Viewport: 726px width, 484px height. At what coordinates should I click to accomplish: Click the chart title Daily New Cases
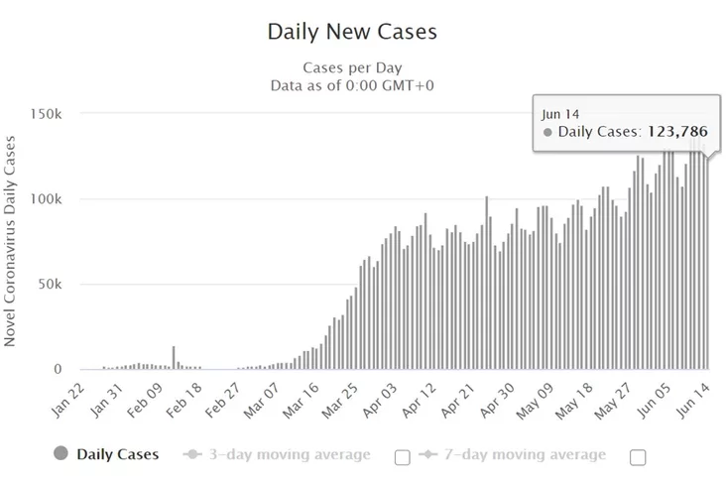pos(352,32)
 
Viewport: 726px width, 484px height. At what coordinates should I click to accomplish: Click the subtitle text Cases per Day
pos(352,67)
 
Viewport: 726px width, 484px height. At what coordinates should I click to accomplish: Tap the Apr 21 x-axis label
pos(465,397)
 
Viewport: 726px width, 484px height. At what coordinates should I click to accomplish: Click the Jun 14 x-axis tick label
pos(693,397)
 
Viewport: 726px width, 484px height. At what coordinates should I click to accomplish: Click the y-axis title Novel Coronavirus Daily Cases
pos(11,241)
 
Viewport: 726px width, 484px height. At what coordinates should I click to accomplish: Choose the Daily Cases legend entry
pos(117,455)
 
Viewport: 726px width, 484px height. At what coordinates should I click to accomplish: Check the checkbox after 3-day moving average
pos(402,456)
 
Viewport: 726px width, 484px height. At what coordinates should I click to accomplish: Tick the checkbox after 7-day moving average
pos(638,456)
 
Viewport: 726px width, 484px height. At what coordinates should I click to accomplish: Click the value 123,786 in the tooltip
pos(680,130)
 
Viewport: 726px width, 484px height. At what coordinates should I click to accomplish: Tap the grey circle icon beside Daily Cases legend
pos(61,455)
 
